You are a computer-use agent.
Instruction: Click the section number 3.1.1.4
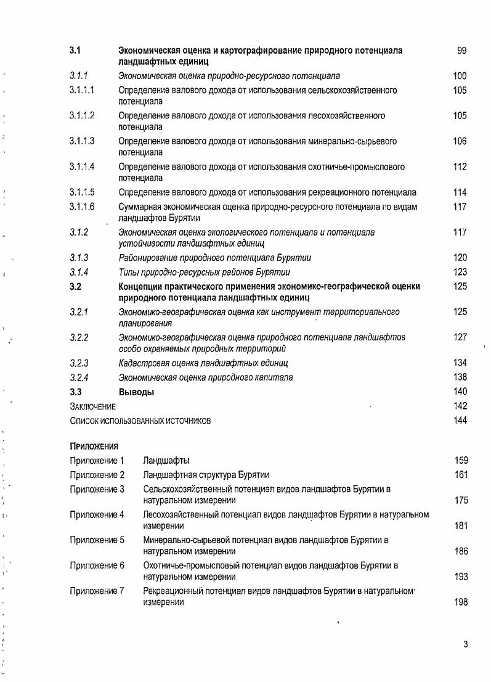pyautogui.click(x=82, y=167)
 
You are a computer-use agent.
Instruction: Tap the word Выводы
pyautogui.click(x=136, y=392)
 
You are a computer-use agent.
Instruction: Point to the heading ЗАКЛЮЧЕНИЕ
pyautogui.click(x=92, y=407)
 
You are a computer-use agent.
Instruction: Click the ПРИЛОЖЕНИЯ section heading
pyautogui.click(x=94, y=446)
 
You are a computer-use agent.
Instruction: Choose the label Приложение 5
pyautogui.click(x=97, y=540)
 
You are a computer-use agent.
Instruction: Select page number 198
pyautogui.click(x=461, y=602)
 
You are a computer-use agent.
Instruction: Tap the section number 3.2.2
pyautogui.click(x=79, y=338)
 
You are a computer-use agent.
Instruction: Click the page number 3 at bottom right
pyautogui.click(x=466, y=645)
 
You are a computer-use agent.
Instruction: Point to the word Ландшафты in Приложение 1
pyautogui.click(x=166, y=461)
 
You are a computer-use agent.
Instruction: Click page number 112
pyautogui.click(x=459, y=167)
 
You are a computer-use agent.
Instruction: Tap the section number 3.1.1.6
pyautogui.click(x=82, y=207)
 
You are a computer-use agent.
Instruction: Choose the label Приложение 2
pyautogui.click(x=97, y=475)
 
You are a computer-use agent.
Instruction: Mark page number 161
pyautogui.click(x=461, y=475)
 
